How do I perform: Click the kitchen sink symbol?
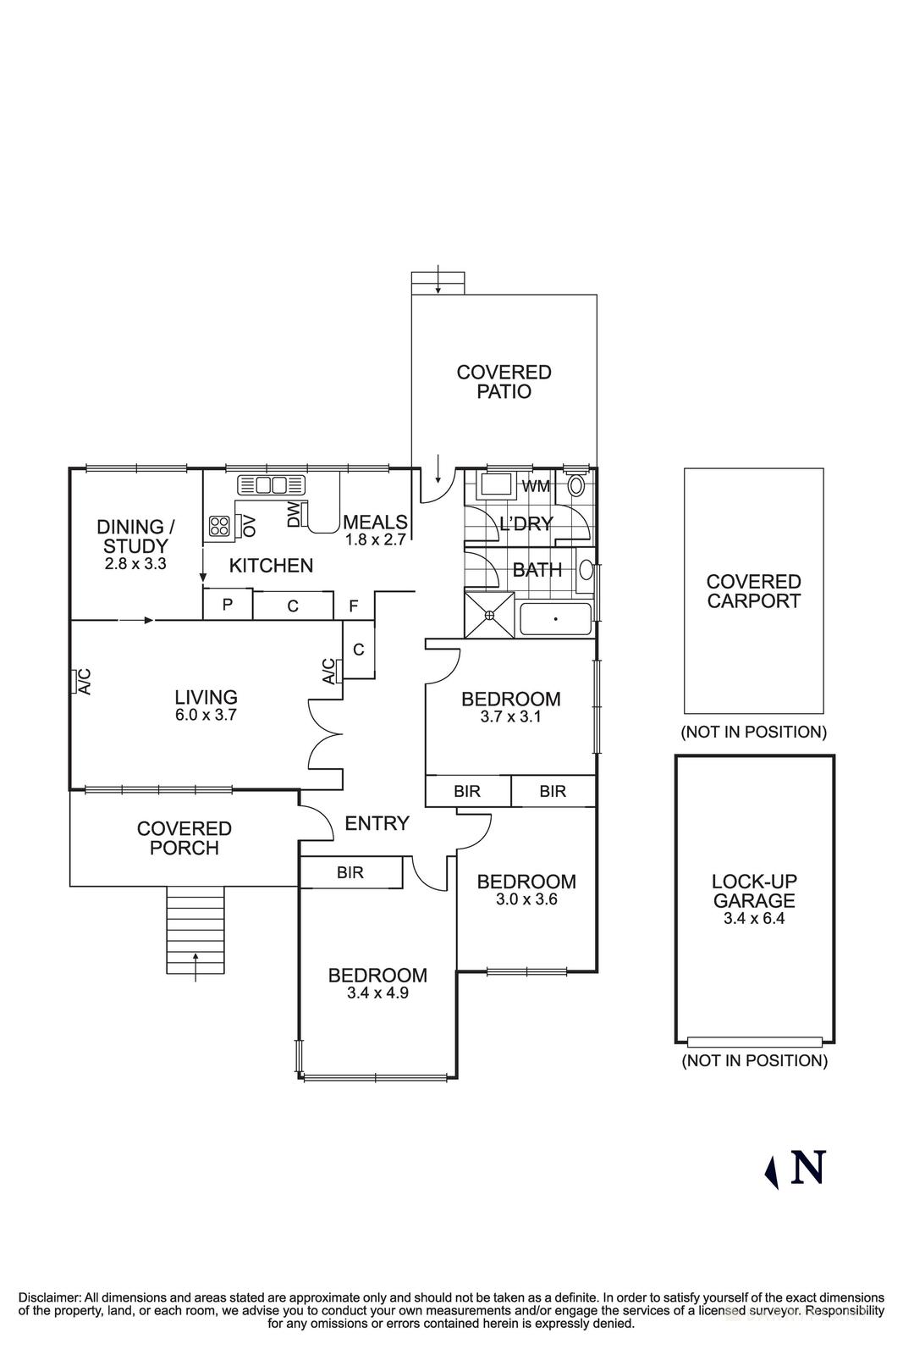tap(272, 485)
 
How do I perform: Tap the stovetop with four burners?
tap(218, 525)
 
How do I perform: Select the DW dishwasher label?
tap(294, 514)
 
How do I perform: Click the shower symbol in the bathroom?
tap(490, 615)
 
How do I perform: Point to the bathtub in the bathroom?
tap(554, 620)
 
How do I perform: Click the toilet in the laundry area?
tap(576, 486)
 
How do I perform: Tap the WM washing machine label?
tap(535, 486)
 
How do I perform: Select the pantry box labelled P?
tap(228, 606)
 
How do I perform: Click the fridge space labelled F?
tap(354, 606)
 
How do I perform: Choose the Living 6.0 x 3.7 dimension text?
tap(206, 715)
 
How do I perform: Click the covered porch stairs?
tap(195, 930)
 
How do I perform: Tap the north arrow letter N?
tap(807, 1168)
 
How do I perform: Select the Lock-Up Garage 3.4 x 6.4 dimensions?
tap(753, 918)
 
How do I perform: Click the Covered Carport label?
tap(753, 591)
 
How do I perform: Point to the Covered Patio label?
tap(504, 381)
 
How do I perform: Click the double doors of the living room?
tap(325, 734)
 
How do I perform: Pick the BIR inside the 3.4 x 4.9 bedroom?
tap(350, 872)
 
